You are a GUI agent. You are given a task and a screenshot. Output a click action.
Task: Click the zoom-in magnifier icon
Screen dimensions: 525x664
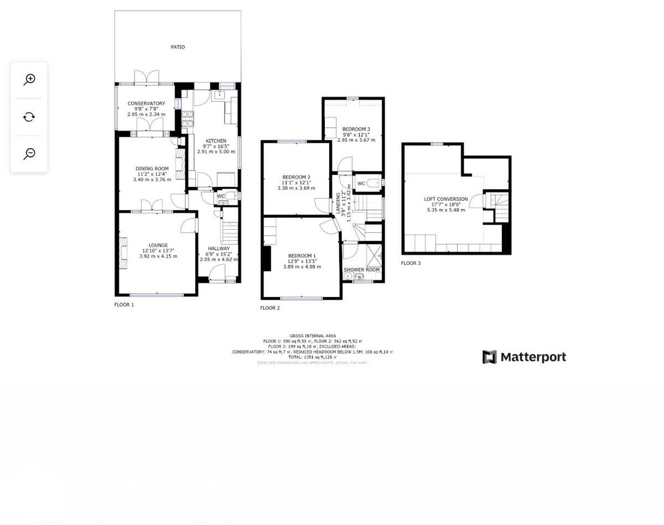29,80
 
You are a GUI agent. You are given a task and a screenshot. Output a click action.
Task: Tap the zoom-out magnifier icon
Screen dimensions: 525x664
29,154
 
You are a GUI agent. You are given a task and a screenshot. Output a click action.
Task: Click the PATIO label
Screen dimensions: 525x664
178,48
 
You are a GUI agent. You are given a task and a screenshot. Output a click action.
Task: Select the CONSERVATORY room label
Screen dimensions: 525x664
146,103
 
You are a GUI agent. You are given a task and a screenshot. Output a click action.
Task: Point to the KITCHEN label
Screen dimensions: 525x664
216,141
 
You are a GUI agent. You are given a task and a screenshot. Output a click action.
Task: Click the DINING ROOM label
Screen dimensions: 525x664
152,169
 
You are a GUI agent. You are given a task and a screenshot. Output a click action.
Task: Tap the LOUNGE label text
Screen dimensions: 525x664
158,245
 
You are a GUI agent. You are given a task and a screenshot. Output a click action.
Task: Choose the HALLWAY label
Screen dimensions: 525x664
219,248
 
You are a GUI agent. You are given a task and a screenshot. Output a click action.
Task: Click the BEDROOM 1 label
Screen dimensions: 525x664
302,256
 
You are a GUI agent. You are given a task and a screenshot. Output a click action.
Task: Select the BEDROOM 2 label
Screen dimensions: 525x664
296,177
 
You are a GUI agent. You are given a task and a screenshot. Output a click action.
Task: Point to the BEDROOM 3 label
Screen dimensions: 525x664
356,129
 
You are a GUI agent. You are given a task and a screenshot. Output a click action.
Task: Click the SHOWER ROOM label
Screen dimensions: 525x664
362,270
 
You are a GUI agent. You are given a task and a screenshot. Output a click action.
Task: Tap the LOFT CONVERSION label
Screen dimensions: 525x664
446,199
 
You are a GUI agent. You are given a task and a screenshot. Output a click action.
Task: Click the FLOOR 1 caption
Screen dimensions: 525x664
124,305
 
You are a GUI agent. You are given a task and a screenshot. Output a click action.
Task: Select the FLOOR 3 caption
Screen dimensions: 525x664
411,263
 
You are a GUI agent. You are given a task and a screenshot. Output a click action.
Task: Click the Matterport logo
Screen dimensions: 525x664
524,357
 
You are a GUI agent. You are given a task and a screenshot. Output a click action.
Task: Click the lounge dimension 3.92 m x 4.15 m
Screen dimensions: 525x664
158,256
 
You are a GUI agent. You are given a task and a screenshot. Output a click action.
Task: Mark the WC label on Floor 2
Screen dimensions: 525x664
361,184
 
